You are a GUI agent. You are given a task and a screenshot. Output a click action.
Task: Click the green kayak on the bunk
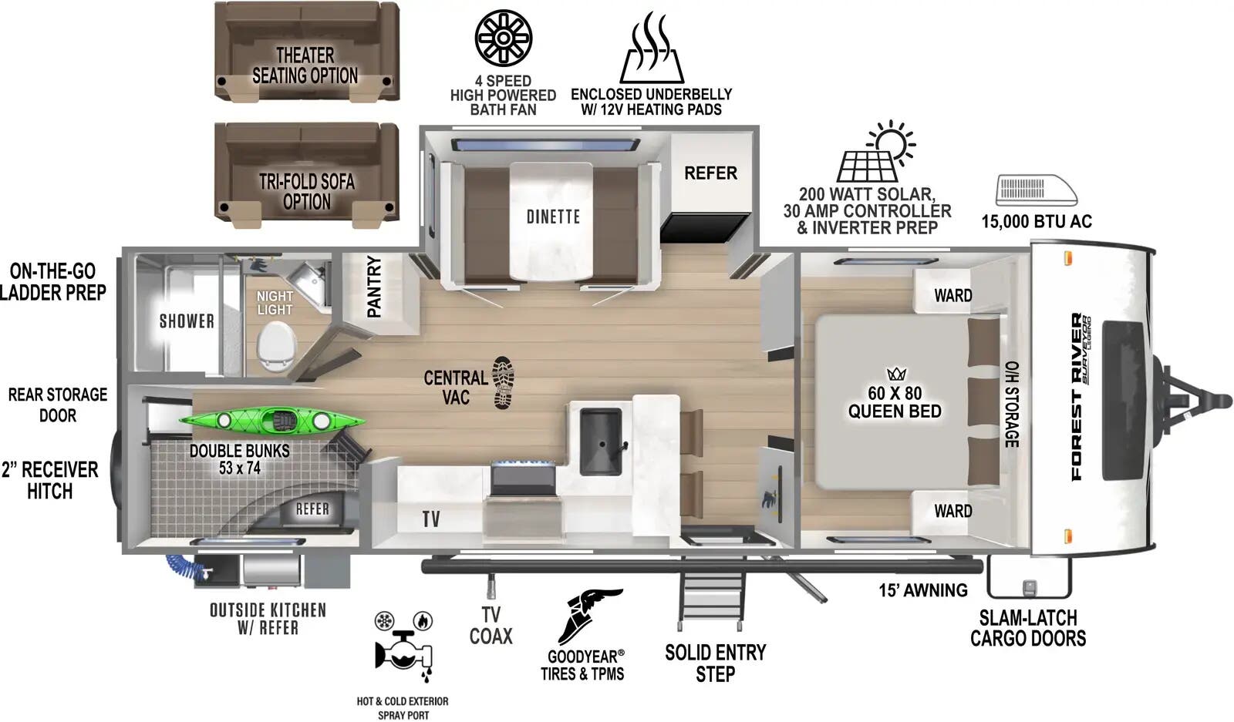(x=271, y=421)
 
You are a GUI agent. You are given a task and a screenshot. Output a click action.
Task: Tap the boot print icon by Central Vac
(x=503, y=382)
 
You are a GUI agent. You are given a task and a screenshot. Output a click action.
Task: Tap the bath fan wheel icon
(x=503, y=37)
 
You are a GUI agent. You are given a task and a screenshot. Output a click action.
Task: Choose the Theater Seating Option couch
(x=306, y=51)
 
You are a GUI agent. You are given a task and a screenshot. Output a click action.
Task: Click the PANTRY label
(x=375, y=287)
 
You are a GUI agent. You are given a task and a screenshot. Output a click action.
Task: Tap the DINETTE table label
(x=553, y=217)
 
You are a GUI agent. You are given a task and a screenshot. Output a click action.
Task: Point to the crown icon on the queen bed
(x=896, y=374)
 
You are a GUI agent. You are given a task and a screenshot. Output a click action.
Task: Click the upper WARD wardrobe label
(x=952, y=295)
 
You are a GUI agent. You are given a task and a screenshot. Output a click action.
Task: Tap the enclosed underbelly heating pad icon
(x=652, y=50)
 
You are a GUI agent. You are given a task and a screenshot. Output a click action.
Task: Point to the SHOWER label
(x=187, y=321)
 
